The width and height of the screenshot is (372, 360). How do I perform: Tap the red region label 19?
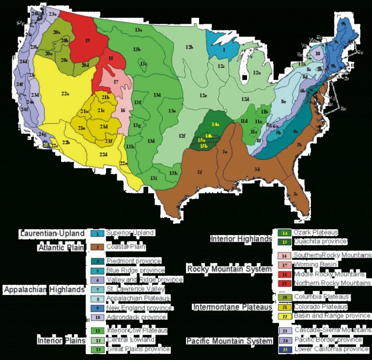tap(88, 41)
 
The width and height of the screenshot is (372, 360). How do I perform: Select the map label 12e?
tap(203, 95)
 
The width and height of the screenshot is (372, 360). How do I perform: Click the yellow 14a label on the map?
tap(215, 125)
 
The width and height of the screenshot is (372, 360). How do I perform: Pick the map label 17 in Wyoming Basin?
tap(116, 82)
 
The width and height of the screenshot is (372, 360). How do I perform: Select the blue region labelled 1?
tap(224, 49)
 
